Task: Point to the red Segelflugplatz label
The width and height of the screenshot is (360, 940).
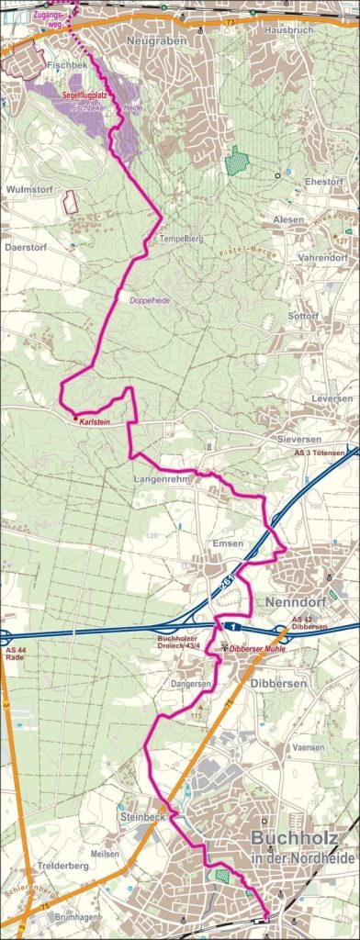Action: tap(88, 95)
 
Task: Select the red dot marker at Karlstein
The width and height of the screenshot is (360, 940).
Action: tap(75, 417)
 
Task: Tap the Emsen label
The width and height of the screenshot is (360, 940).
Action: tap(228, 543)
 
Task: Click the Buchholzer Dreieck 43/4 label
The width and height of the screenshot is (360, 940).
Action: tap(186, 643)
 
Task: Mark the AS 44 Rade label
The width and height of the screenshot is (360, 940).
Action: tap(16, 656)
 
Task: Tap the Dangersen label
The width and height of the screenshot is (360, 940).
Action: tap(191, 684)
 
